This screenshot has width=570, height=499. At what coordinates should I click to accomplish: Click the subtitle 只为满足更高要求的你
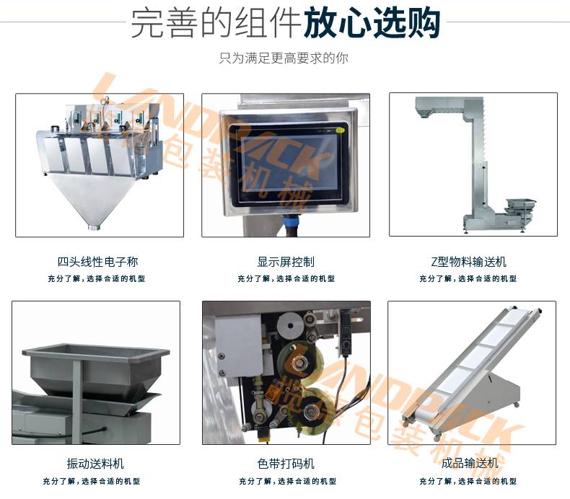coord(284,58)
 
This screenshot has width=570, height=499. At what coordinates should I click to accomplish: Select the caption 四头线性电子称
coord(97,262)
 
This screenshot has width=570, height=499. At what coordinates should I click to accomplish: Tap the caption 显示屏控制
coord(285,262)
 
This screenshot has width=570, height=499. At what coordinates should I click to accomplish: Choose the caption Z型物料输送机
coord(473,262)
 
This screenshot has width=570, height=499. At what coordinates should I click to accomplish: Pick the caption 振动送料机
coord(95,463)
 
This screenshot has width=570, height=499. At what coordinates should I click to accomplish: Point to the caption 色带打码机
coord(285,463)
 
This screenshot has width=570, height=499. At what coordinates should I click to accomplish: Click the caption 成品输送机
coord(473,463)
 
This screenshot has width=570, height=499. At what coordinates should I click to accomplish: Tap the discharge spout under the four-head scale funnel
coord(93,227)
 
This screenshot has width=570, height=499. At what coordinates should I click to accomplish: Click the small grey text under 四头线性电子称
coord(97,278)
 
